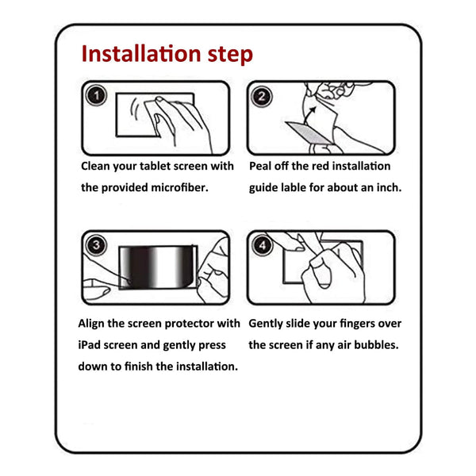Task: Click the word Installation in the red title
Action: pyautogui.click(x=141, y=54)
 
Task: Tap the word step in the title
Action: pyautogui.click(x=230, y=56)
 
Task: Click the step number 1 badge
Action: pyautogui.click(x=96, y=96)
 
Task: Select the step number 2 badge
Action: pyautogui.click(x=262, y=97)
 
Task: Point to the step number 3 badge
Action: pyautogui.click(x=96, y=245)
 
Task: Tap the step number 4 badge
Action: pyautogui.click(x=263, y=245)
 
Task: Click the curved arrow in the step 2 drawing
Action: pyautogui.click(x=309, y=115)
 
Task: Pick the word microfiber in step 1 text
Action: pyautogui.click(x=179, y=187)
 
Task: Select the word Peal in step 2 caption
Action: pyautogui.click(x=260, y=166)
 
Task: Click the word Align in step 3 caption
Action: pyautogui.click(x=91, y=324)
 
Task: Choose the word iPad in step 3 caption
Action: pyautogui.click(x=90, y=345)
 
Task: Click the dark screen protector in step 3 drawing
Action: pyautogui.click(x=158, y=267)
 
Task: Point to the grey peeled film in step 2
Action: pyautogui.click(x=309, y=132)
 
